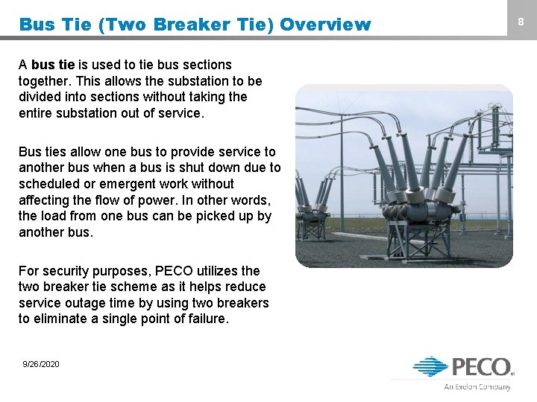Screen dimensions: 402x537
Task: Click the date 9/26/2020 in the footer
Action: pos(41,364)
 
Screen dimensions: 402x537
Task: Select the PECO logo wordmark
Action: pos(481,368)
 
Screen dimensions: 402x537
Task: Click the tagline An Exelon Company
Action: pos(477,386)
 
